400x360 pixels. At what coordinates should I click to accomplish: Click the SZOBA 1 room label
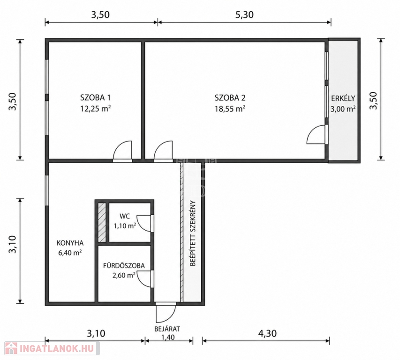95,97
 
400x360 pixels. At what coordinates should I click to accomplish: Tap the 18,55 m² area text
230,109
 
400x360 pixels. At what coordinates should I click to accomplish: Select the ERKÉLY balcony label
343,98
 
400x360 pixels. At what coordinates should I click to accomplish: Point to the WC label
125,217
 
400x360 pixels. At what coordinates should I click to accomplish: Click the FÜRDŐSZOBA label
124,266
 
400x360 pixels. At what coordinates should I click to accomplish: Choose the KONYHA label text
70,243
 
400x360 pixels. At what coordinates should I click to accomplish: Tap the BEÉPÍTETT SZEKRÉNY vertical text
193,233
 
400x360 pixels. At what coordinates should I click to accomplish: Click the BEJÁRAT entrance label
167,329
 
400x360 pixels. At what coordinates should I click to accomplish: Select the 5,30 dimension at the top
244,15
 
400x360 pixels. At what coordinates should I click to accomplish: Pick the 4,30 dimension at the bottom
267,333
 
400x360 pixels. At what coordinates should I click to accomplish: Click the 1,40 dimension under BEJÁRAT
168,337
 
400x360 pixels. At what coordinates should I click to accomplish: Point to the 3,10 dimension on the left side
13,245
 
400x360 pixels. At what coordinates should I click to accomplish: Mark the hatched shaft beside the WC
102,222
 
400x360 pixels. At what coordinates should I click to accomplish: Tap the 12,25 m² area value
95,109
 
